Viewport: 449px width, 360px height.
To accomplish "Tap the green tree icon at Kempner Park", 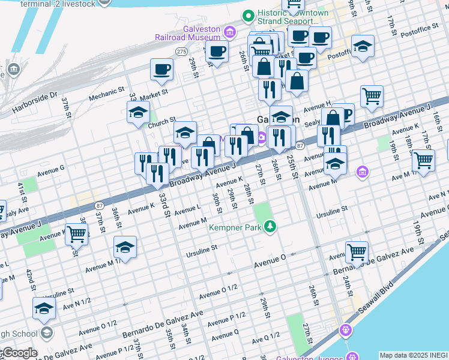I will (x=271, y=226).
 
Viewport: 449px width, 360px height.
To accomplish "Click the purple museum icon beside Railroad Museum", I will (x=229, y=31).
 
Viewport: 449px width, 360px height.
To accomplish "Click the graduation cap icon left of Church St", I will (x=138, y=112).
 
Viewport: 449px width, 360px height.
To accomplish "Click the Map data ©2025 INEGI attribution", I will (x=413, y=355).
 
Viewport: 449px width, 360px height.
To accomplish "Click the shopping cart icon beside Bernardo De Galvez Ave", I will (x=357, y=251).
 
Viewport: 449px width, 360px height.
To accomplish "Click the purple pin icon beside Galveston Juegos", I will (x=345, y=330).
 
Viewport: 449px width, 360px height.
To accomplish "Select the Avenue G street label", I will (x=50, y=170).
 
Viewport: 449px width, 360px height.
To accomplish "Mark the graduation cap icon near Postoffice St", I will (x=363, y=46).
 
